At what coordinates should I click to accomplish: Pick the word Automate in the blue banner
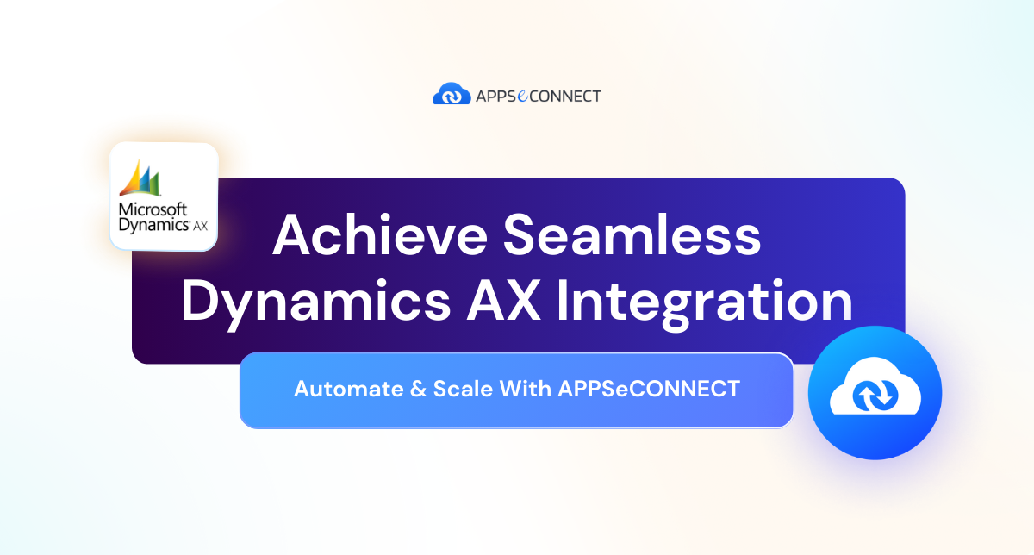[x=338, y=389]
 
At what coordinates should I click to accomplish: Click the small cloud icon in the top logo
[x=451, y=95]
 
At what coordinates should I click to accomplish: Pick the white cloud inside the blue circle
[x=875, y=393]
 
